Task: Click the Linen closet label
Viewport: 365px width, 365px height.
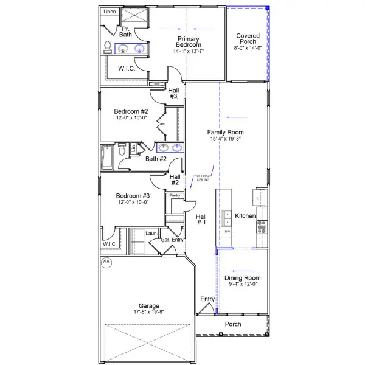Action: tap(109, 12)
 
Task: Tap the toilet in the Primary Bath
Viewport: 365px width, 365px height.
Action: tap(108, 46)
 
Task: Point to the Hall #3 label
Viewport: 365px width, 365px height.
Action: tap(173, 92)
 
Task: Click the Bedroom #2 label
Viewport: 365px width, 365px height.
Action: tap(131, 111)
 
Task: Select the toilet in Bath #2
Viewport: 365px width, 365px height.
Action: tap(122, 150)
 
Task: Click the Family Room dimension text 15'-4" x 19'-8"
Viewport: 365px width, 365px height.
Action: tap(225, 139)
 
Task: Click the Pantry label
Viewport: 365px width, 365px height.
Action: tap(175, 195)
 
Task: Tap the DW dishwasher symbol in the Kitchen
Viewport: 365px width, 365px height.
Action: tap(228, 232)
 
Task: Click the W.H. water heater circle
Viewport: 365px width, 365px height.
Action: tap(106, 262)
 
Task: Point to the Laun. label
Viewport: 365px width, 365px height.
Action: tap(151, 233)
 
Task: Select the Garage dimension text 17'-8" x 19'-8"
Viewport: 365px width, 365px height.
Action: tap(149, 312)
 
